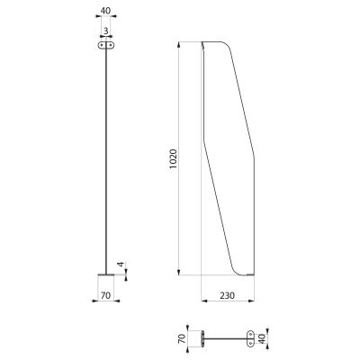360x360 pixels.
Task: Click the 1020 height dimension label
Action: [x=174, y=158]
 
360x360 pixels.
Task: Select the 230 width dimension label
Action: [x=228, y=295]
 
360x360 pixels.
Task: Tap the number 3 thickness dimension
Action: [x=105, y=31]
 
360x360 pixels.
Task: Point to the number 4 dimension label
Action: [x=121, y=265]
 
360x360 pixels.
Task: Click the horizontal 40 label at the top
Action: [x=105, y=11]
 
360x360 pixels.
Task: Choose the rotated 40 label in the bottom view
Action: [x=261, y=338]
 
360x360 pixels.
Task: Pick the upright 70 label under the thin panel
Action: [x=105, y=295]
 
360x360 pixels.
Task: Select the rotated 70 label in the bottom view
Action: [x=181, y=339]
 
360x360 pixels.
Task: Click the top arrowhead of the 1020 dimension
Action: [x=179, y=45]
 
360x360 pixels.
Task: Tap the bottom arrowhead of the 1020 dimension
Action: [x=179, y=272]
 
